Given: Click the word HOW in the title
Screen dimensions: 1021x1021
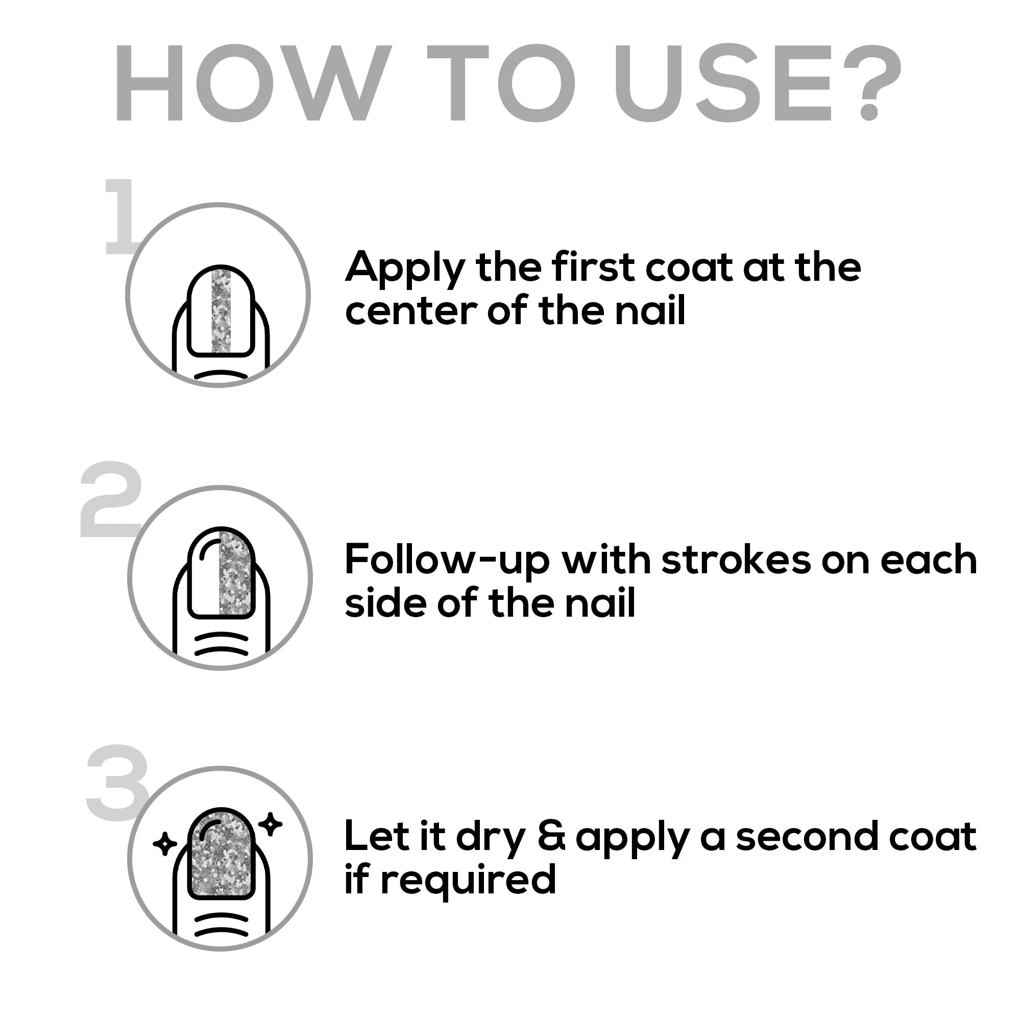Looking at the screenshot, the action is pos(253,83).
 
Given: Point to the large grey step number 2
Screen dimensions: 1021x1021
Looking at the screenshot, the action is pos(111,499).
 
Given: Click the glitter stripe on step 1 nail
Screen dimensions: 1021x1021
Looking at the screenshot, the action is pos(221,310).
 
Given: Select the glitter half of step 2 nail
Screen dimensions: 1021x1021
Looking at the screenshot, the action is pos(236,573).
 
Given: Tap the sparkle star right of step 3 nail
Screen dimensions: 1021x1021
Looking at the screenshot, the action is pos(271,824).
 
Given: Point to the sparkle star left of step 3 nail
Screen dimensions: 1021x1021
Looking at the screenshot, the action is pos(164,844).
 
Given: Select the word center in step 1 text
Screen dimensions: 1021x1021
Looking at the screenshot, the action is pos(411,311).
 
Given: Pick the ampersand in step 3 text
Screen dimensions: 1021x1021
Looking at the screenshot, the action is pos(551,837).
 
